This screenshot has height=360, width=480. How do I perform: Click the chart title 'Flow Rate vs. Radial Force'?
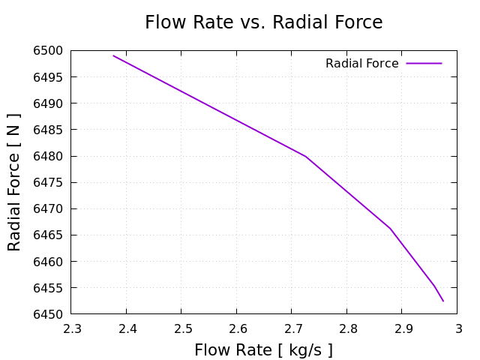pos(263,22)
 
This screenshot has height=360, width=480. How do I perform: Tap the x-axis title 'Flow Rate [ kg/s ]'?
pos(263,350)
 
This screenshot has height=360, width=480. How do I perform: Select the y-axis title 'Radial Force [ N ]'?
pos(14,182)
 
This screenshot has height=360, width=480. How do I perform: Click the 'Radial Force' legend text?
pos(361,64)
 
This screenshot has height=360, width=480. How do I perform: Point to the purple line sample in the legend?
pos(424,64)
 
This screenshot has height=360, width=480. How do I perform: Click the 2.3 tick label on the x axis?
pos(72,328)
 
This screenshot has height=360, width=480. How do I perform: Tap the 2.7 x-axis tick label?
pos(292,328)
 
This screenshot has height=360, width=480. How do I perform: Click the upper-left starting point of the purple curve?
pos(113,55)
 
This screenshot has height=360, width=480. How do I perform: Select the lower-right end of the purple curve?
pos(443,301)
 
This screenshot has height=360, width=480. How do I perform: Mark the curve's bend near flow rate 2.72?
pos(306,156)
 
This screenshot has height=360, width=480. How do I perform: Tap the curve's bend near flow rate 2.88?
pos(390,228)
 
